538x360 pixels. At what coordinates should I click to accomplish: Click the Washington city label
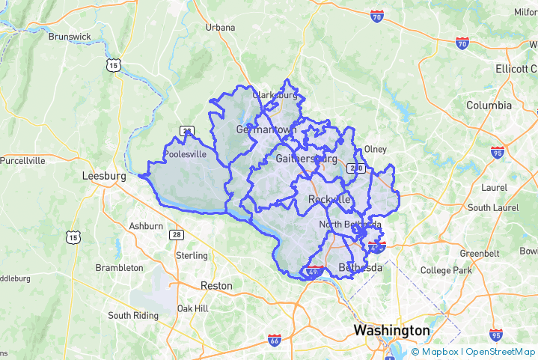pos(391,330)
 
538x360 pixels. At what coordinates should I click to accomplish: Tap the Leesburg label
pos(103,176)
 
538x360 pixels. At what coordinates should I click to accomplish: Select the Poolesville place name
pos(185,155)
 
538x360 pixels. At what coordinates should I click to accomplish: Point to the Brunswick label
pos(69,36)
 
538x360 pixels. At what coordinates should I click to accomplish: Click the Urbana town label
pos(221,28)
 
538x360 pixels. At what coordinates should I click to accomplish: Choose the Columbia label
pos(489,106)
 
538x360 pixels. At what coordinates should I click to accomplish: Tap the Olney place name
pos(375,150)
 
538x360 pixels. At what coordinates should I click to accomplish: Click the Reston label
pos(216,286)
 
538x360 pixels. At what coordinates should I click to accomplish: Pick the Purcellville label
pos(22,160)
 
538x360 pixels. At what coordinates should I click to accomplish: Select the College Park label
pos(446,270)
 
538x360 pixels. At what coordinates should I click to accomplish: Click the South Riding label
pos(133,316)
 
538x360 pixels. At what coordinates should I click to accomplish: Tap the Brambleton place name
pos(119,268)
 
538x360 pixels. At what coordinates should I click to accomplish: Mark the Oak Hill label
pos(192,308)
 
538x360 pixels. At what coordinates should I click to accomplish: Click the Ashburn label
pos(146,226)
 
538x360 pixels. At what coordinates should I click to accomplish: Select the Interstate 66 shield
pos(275,341)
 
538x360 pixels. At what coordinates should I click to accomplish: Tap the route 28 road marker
pos(176,234)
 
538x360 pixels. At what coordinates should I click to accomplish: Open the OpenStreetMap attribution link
pos(500,352)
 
